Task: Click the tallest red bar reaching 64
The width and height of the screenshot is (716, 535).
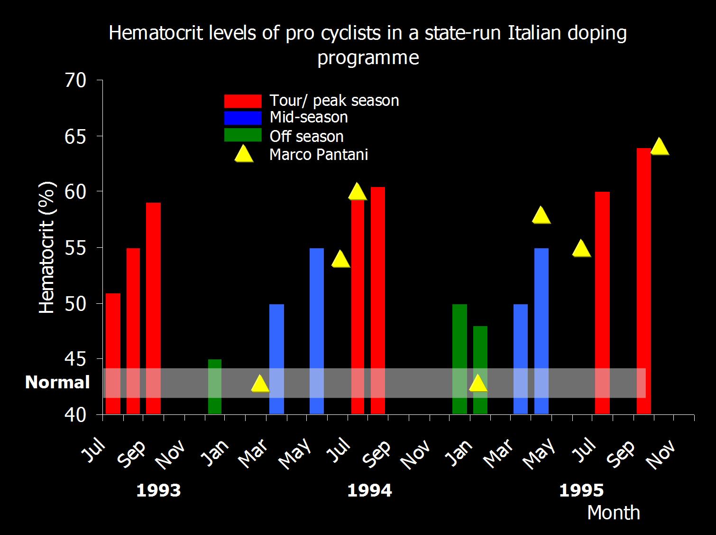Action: click(x=643, y=280)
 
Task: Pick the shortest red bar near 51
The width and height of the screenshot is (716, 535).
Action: click(x=113, y=353)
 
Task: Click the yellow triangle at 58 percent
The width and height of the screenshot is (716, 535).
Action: click(x=541, y=216)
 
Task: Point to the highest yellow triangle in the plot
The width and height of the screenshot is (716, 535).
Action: click(x=660, y=147)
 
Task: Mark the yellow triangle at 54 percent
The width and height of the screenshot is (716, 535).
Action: click(x=340, y=259)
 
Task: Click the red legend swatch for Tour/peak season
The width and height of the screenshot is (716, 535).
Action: click(x=242, y=101)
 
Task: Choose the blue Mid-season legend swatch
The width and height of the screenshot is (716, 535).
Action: click(x=242, y=118)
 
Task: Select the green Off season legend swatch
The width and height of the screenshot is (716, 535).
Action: click(x=242, y=135)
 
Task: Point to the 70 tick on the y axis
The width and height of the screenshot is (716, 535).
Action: click(x=75, y=81)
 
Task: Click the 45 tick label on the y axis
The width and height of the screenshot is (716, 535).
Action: click(x=75, y=359)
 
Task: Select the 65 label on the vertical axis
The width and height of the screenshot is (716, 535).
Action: click(x=75, y=137)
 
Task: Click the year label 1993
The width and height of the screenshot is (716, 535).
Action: click(x=158, y=491)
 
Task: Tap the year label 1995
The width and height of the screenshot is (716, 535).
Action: click(x=581, y=491)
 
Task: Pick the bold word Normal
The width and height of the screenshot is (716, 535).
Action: click(x=57, y=383)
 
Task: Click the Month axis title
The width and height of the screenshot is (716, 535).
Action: click(x=614, y=513)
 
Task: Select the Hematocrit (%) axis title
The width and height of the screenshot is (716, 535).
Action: click(x=46, y=248)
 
